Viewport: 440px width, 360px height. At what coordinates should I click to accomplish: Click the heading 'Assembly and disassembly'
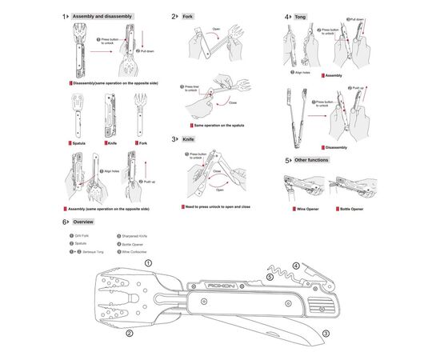[102, 16]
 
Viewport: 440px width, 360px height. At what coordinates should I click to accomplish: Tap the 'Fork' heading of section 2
[188, 16]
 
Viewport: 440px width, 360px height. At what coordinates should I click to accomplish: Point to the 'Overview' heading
[83, 222]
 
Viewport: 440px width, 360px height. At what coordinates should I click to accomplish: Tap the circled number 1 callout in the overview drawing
[147, 262]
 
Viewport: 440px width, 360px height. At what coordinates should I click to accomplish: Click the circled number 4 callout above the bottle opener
[295, 265]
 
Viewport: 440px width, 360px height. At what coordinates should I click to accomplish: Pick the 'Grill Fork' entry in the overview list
[82, 236]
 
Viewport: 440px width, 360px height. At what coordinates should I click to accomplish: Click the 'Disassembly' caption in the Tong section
[336, 147]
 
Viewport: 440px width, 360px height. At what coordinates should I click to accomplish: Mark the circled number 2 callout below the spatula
[129, 337]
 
